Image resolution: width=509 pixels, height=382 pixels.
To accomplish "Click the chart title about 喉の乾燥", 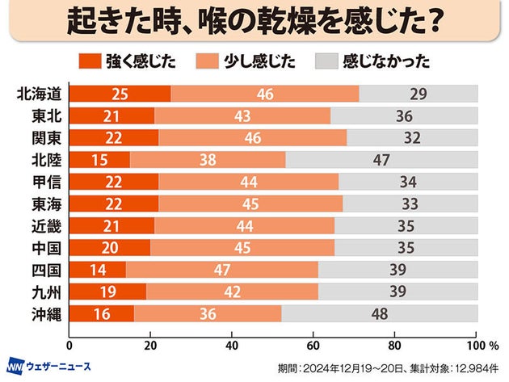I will pyautogui.click(x=254, y=21).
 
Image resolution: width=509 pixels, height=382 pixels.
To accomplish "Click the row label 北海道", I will pyautogui.click(x=39, y=94).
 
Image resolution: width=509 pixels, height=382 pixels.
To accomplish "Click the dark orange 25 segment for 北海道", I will pyautogui.click(x=120, y=94).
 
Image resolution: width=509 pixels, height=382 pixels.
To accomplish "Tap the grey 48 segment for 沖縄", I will pyautogui.click(x=380, y=313).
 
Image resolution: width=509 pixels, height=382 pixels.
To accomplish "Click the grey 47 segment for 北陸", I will pyautogui.click(x=381, y=160).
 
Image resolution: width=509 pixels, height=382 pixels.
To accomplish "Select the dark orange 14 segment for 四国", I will pyautogui.click(x=98, y=270).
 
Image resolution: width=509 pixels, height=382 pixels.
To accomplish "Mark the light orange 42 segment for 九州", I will pyautogui.click(x=233, y=292).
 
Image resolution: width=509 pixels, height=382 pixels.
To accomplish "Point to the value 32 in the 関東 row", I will pyautogui.click(x=412, y=138).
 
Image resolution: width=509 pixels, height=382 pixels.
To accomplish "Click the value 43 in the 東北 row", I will pyautogui.click(x=242, y=116).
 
